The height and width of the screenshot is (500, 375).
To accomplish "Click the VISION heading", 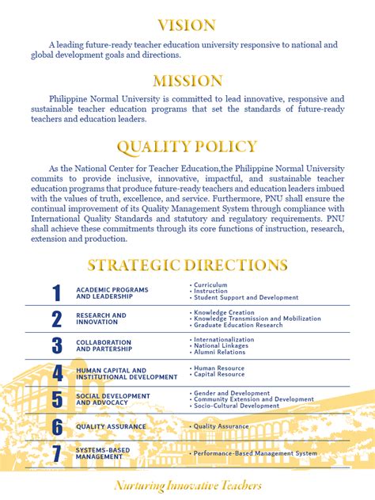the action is [187, 25].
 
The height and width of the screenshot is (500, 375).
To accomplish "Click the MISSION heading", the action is [187, 81].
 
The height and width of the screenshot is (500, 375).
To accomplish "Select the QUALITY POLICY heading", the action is [187, 147].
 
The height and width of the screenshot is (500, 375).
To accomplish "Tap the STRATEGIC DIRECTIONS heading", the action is [187, 265].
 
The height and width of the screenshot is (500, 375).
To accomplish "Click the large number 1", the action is [56, 293].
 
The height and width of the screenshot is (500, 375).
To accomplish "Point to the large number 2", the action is [56, 319].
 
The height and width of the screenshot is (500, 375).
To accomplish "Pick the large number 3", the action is [56, 345].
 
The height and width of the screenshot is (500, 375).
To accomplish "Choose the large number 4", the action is [56, 373].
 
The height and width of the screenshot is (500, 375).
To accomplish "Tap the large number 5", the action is [56, 399].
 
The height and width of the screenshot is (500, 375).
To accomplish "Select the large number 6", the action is [56, 427].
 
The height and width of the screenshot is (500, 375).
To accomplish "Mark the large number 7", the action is [56, 454].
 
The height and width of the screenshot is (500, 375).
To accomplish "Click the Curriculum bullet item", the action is [210, 284].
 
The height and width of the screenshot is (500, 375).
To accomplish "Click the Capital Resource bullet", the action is [219, 374].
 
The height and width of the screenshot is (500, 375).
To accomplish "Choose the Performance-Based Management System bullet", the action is [255, 454].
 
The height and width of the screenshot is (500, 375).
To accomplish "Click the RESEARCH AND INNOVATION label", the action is [101, 319].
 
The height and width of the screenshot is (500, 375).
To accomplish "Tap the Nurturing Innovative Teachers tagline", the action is [187, 485].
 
